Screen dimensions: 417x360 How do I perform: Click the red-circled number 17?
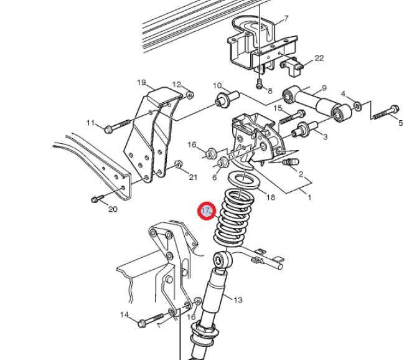pos(207,211)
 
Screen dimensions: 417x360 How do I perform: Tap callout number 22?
pos(319,58)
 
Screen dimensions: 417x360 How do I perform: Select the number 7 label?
pos(286,18)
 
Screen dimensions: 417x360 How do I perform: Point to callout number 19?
pos(141,82)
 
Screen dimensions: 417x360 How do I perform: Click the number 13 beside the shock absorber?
pos(238,300)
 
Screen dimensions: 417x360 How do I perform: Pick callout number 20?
pos(113,209)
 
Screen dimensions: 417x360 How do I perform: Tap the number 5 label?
pos(401,123)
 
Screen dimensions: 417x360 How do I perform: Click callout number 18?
pos(271,197)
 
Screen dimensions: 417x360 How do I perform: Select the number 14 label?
pos(124,315)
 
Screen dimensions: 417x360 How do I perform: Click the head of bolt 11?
pos(108,130)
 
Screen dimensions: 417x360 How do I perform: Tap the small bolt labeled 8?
pos(259,83)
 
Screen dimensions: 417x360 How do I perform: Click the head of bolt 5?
pos(395,109)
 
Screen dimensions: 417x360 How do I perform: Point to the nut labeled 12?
pos(190,95)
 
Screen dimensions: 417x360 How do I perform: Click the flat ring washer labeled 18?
pos(243,180)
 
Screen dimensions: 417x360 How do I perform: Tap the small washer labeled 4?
pos(357,106)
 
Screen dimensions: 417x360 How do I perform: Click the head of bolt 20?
pos(95,199)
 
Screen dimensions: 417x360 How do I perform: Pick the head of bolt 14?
pos(142,323)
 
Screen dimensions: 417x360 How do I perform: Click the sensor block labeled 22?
pos(291,67)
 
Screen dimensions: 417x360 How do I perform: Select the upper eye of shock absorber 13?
pos(222,259)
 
